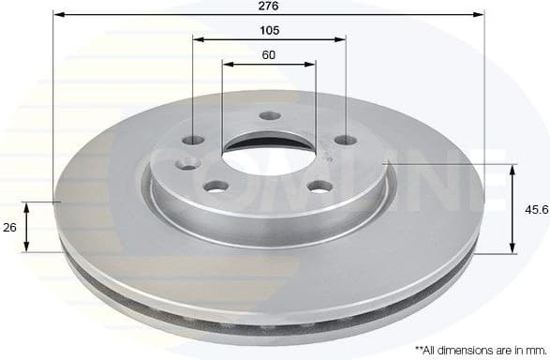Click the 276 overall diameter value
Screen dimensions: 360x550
(x=269, y=6)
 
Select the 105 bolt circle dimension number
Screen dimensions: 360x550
(x=269, y=30)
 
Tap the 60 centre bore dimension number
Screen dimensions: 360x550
(x=269, y=55)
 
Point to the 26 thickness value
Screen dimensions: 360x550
(x=9, y=226)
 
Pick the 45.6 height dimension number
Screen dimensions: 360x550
(x=536, y=210)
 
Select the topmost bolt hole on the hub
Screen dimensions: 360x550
(x=270, y=116)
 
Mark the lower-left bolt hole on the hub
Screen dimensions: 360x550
(x=216, y=187)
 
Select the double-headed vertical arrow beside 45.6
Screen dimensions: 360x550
(x=513, y=209)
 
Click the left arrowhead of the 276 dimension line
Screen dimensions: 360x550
(x=57, y=15)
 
